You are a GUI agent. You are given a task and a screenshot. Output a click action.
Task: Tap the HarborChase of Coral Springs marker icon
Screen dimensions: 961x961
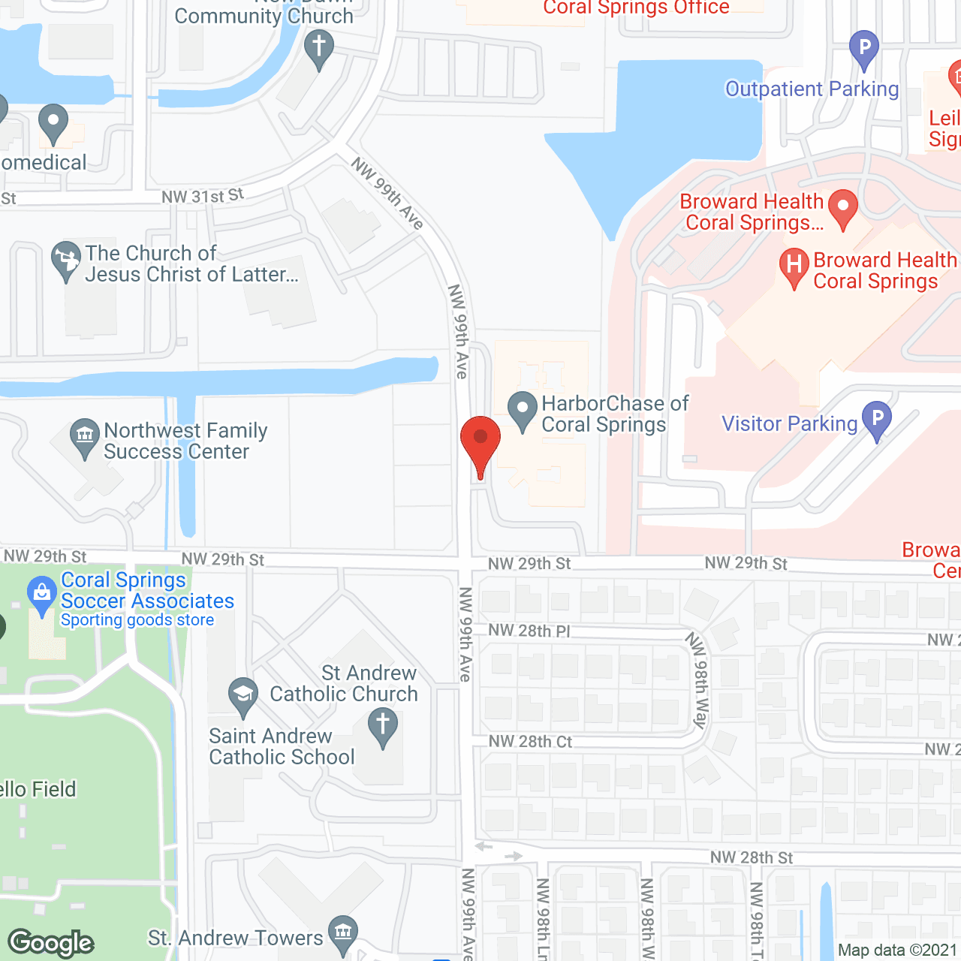(523, 409)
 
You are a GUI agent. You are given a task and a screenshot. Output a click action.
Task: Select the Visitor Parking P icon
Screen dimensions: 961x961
(876, 420)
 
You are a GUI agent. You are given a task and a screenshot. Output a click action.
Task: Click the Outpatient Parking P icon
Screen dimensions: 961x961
(864, 48)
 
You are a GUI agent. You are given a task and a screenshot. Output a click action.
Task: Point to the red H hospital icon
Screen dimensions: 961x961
(794, 266)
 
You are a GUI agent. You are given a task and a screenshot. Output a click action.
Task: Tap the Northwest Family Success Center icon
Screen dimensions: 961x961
(84, 435)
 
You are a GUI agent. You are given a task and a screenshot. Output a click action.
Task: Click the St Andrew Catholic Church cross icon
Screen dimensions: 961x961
(383, 725)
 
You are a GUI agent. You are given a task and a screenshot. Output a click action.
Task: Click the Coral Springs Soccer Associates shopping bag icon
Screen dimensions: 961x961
(42, 594)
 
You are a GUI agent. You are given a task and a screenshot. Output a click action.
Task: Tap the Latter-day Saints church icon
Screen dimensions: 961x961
(66, 259)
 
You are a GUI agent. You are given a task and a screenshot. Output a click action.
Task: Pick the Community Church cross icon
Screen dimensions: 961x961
(319, 47)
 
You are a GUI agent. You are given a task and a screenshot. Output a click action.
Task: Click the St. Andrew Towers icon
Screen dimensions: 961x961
(343, 933)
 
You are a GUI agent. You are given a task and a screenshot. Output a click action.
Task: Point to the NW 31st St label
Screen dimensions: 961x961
(203, 196)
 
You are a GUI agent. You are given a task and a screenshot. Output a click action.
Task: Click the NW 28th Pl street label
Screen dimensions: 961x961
(529, 631)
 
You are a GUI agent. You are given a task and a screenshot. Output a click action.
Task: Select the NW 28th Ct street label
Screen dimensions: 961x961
(530, 742)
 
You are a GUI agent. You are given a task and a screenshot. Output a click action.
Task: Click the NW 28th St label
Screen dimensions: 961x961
(752, 857)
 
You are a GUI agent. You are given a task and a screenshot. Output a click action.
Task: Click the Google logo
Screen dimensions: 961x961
(51, 943)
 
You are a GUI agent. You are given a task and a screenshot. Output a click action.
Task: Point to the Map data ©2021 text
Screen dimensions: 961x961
(898, 950)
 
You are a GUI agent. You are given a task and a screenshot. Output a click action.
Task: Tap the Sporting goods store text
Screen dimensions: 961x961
(137, 620)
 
